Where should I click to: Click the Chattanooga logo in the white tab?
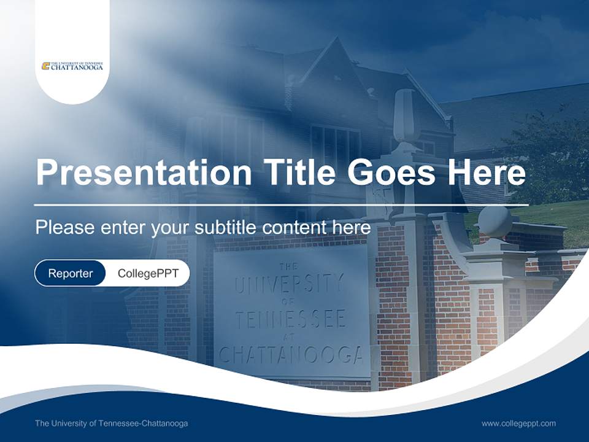coord(72,66)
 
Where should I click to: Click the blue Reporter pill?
coord(70,273)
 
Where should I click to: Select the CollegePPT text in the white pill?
coord(148,273)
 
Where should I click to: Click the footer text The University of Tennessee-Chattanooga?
coord(112,424)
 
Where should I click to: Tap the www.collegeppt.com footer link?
coord(518,424)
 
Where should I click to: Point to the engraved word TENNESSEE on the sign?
coord(291,319)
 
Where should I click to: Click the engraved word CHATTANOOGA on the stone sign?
coord(291,355)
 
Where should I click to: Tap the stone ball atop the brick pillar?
coord(495,221)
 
